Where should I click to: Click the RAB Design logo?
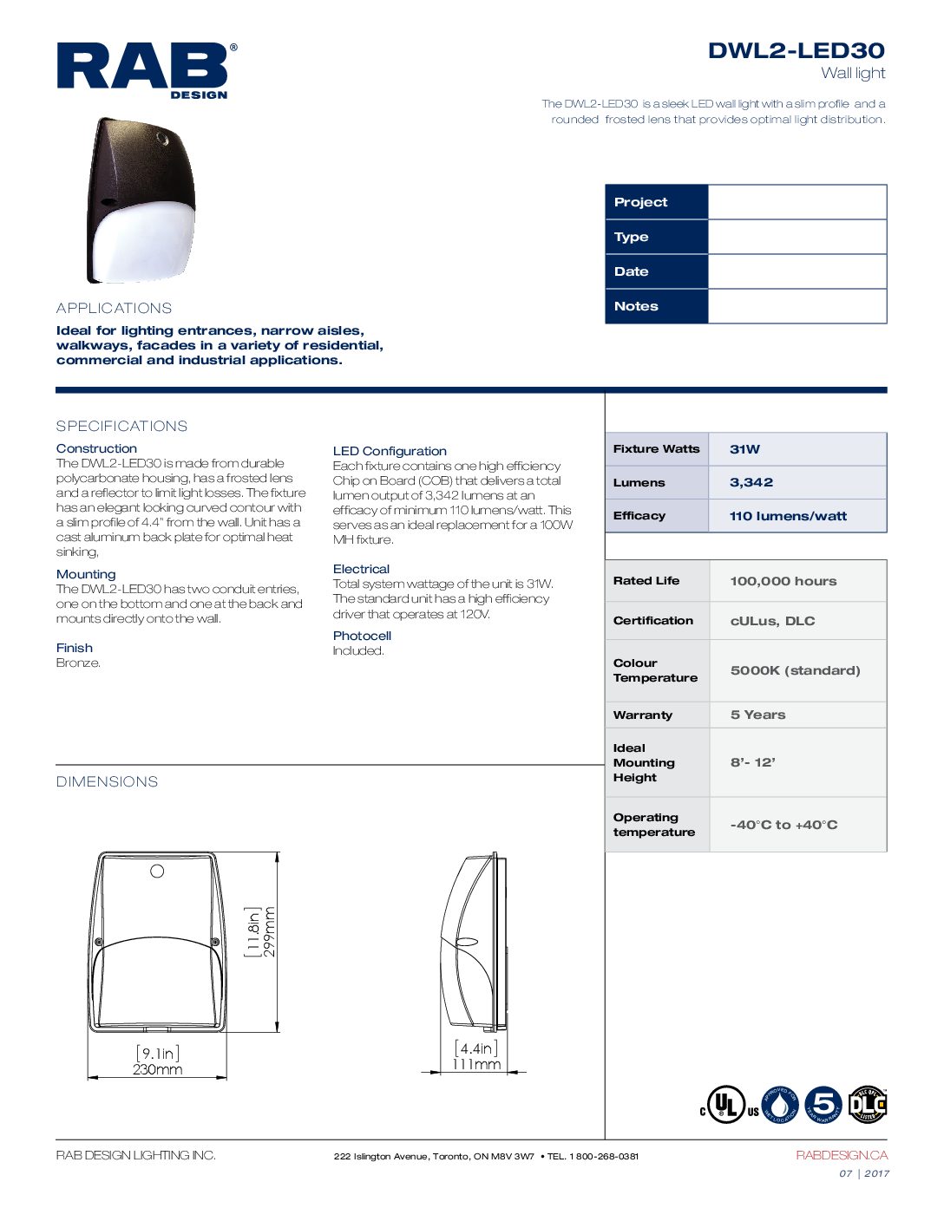[x=146, y=69]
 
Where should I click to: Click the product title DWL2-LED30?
[x=796, y=50]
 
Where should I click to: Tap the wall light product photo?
[x=141, y=201]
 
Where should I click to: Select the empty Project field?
[x=796, y=202]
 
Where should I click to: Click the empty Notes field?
[x=796, y=306]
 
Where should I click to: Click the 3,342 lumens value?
[x=751, y=482]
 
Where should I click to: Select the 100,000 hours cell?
[x=783, y=581]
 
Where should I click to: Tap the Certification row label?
[x=652, y=621]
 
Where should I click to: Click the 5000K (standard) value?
[x=795, y=670]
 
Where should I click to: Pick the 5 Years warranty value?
[x=757, y=715]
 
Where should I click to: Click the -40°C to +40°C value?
[x=783, y=825]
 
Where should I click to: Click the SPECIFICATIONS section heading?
[x=121, y=426]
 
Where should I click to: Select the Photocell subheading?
[x=362, y=636]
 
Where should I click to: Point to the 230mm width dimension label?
[x=157, y=1070]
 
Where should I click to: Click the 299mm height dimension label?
[x=270, y=932]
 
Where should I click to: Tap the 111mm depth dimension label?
[x=476, y=1065]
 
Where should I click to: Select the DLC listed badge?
[x=867, y=1105]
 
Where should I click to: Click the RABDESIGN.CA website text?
[x=841, y=1155]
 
